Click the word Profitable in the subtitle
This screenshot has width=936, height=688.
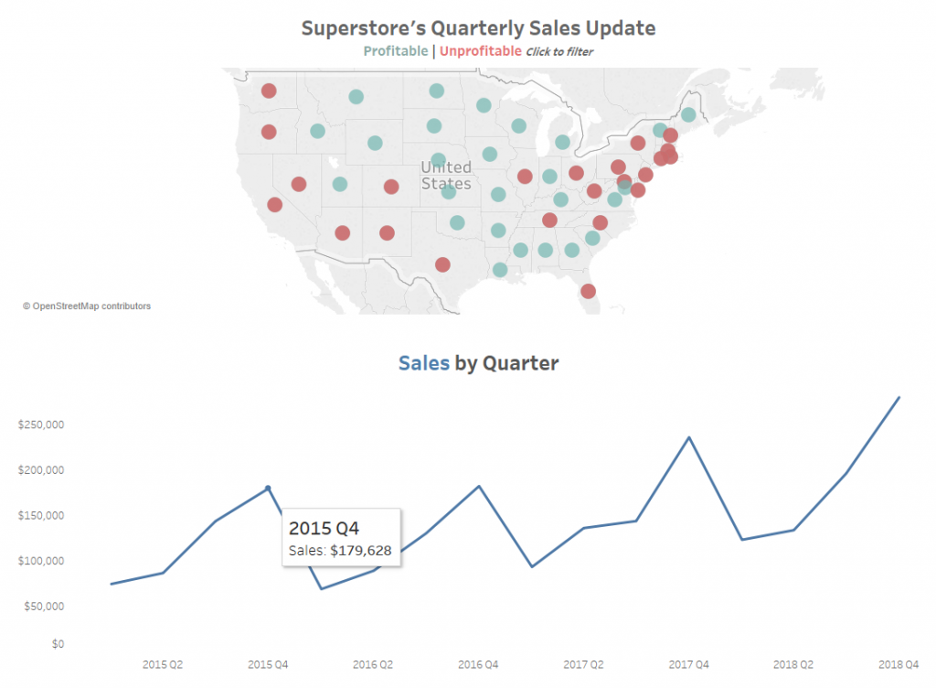pos(395,51)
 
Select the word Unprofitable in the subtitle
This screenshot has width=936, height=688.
pos(481,51)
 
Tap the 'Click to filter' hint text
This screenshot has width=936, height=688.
pos(559,52)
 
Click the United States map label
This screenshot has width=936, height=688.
pos(446,175)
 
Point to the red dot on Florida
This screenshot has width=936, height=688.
pos(588,292)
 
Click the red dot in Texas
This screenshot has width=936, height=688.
pos(442,264)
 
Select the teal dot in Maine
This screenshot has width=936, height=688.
pos(688,114)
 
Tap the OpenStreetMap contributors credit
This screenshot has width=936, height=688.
pos(87,306)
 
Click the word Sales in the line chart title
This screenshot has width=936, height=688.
pos(424,363)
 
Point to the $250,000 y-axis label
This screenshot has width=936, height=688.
pos(40,425)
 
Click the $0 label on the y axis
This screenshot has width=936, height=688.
pos(58,644)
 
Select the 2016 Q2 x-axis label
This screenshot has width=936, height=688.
pos(373,665)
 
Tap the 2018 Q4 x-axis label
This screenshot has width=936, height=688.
pos(899,665)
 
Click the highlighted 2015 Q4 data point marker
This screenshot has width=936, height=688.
pos(268,489)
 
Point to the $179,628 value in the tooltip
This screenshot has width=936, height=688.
pos(360,551)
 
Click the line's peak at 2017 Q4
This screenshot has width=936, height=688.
pos(689,437)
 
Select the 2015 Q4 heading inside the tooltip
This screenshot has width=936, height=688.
pos(324,529)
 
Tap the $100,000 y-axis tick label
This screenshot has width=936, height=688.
pos(40,561)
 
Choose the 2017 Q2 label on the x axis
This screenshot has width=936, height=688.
pos(583,665)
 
